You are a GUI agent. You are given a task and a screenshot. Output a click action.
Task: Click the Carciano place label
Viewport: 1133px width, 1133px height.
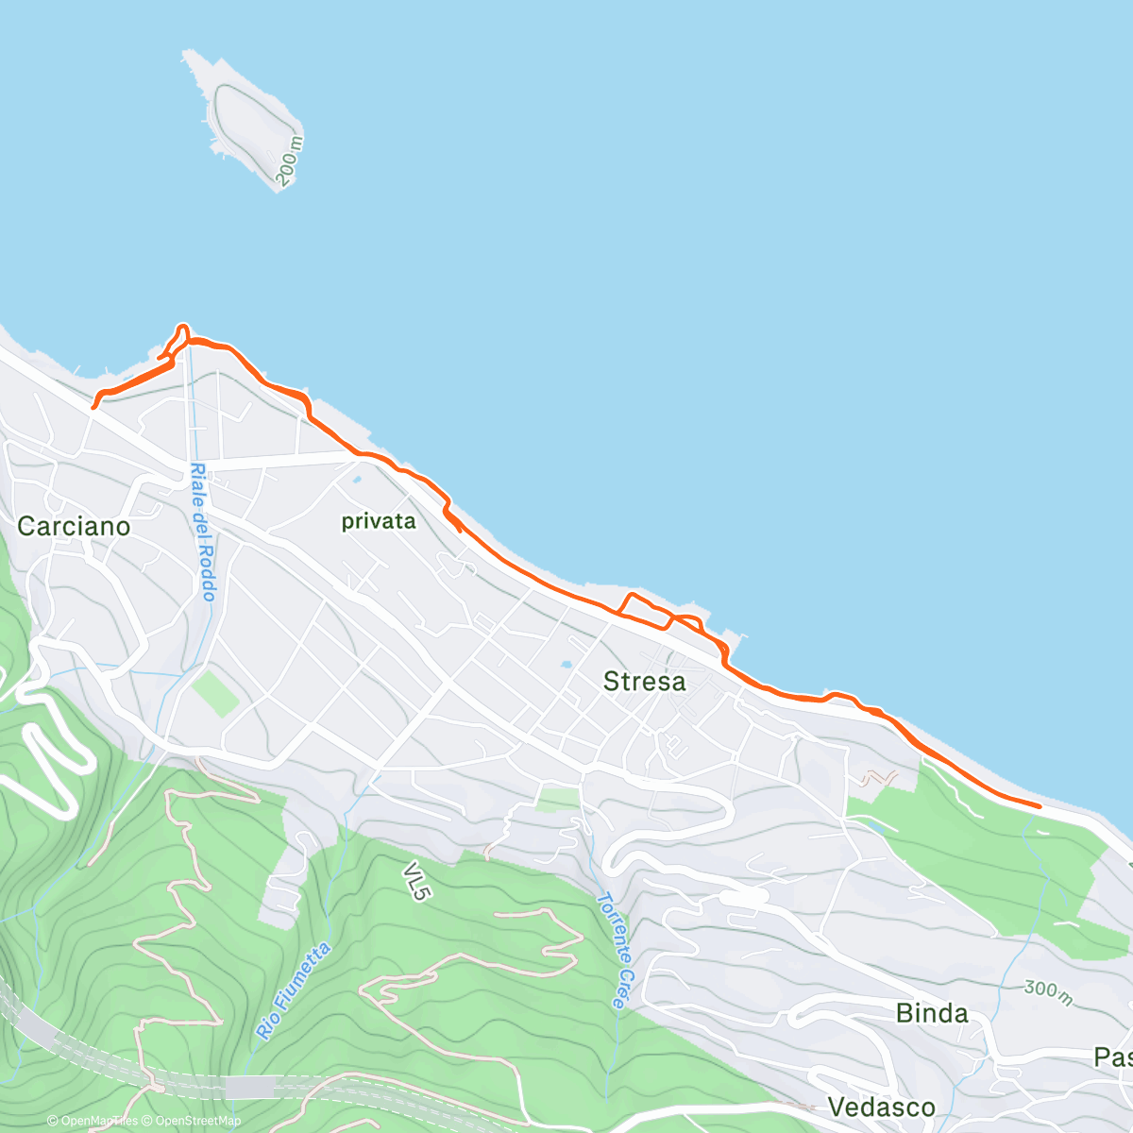point(74,526)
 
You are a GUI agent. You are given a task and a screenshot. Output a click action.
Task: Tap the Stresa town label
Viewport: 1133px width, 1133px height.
point(644,681)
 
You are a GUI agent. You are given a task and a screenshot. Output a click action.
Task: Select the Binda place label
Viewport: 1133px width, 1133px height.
point(931,1013)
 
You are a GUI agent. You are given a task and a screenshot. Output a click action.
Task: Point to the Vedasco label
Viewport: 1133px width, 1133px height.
point(881,1107)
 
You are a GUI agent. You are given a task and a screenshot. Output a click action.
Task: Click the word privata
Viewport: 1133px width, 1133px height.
point(378,521)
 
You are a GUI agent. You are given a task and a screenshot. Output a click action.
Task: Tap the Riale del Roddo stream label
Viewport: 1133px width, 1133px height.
point(202,532)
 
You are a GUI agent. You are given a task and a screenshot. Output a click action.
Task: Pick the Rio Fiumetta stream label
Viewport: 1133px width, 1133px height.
point(293,991)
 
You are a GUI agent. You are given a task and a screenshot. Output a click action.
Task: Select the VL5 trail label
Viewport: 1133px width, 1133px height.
point(415,880)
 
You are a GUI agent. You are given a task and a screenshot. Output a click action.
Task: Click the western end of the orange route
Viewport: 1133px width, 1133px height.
point(93,407)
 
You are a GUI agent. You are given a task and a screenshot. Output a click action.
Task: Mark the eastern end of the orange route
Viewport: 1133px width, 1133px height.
point(1040,806)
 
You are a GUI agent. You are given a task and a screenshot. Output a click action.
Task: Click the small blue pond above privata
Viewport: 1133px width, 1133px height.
point(356,480)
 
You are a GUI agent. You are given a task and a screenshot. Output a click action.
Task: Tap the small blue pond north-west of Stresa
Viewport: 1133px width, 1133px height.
point(565,665)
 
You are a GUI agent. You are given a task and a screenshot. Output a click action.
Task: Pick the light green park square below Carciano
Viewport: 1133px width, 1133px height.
point(215,694)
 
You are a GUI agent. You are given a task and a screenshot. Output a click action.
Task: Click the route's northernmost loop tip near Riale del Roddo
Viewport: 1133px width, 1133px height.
point(181,326)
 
